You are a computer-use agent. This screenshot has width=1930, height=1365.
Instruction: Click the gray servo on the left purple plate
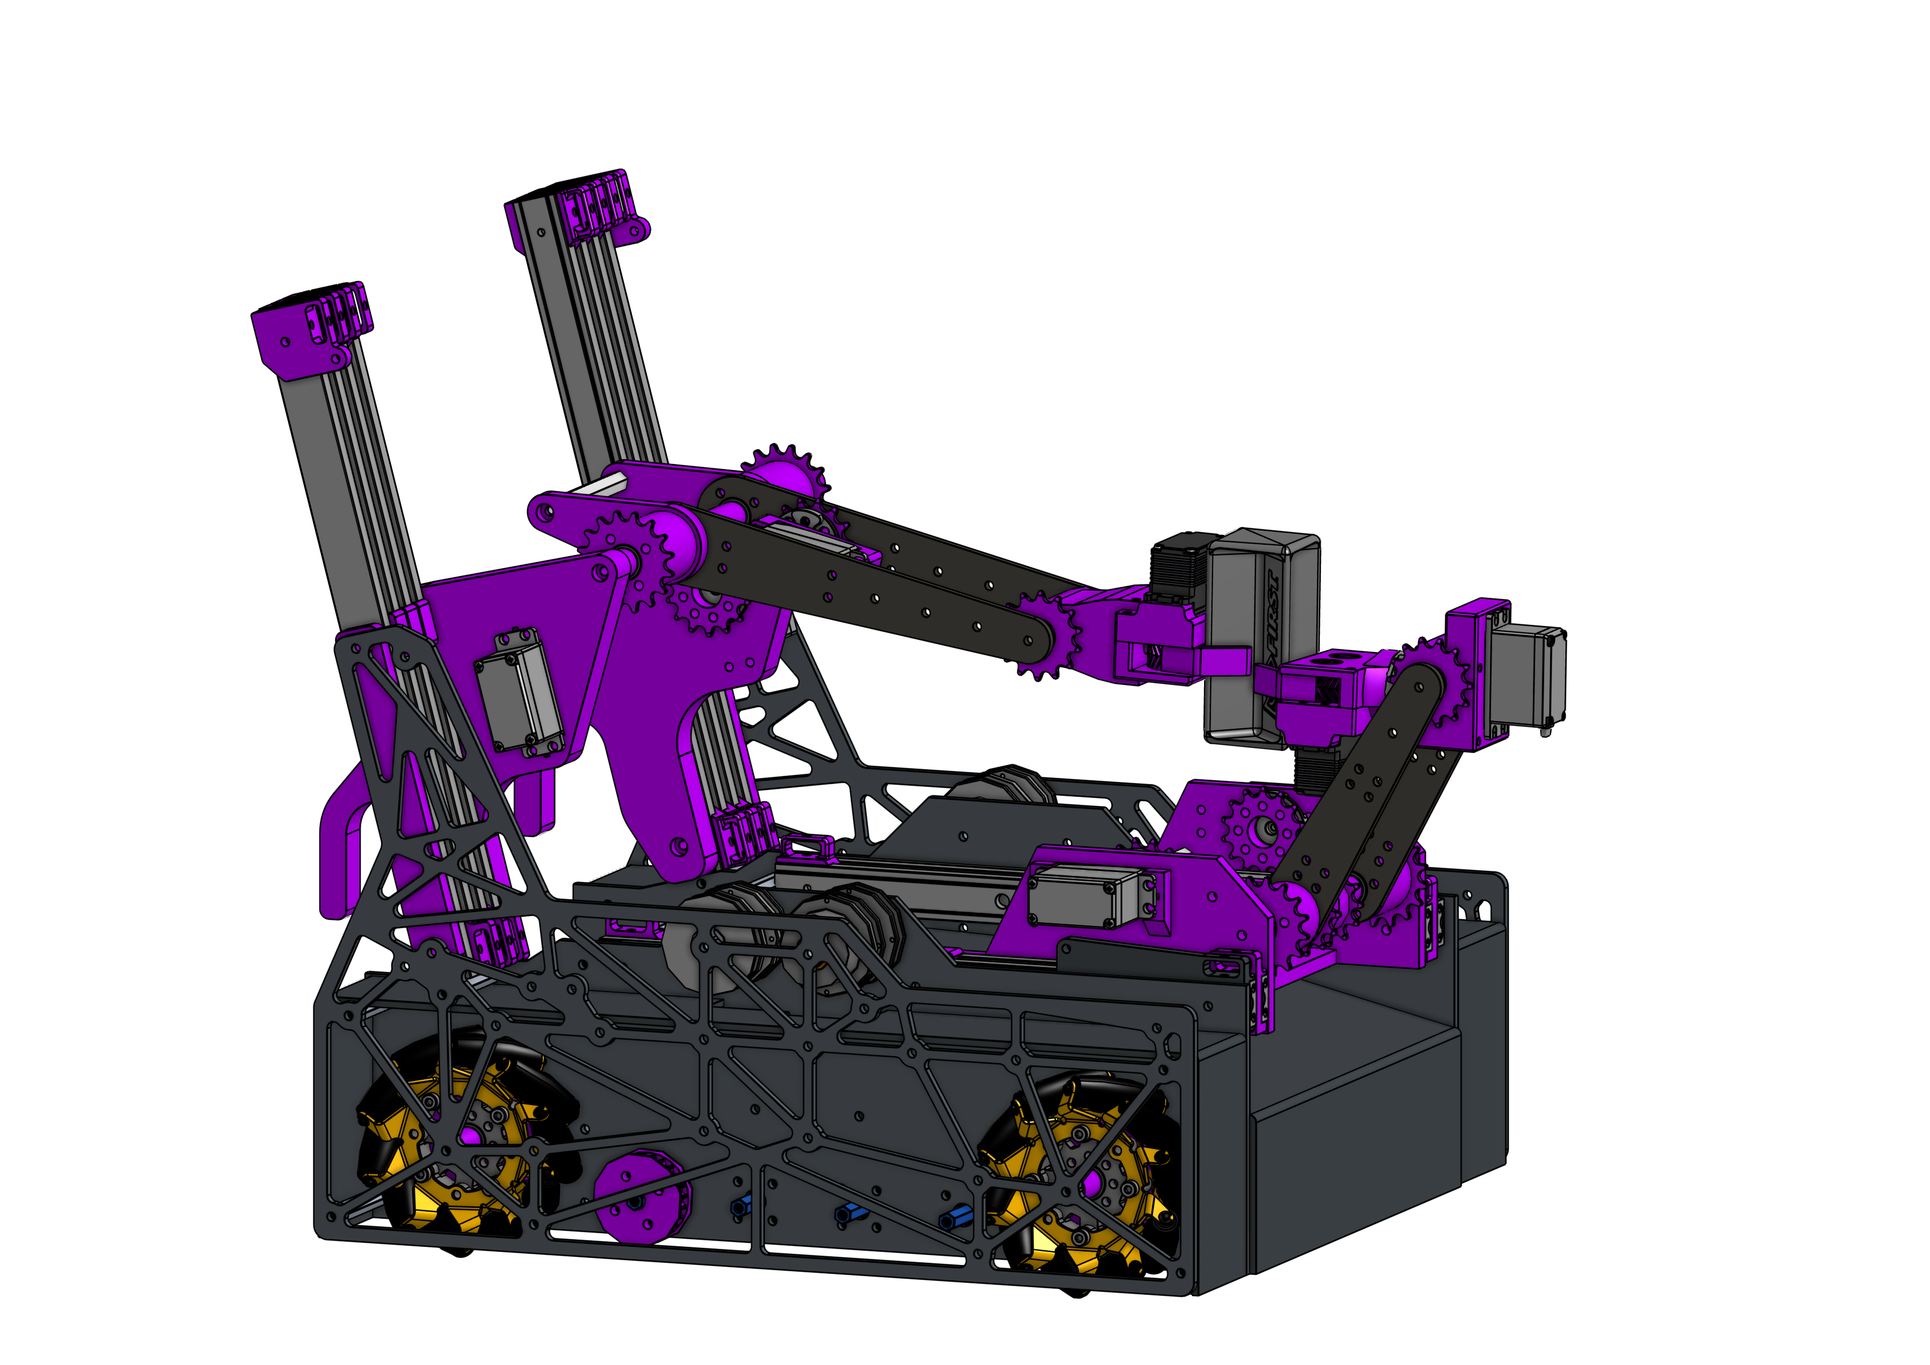(x=518, y=692)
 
